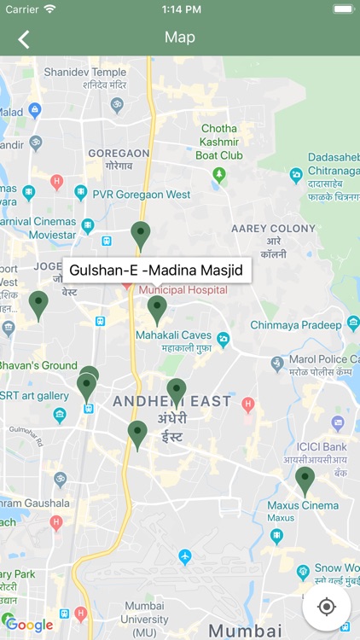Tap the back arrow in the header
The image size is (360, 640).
point(23,38)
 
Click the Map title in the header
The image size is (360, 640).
point(180,38)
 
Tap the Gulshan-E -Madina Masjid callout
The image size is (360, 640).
point(156,271)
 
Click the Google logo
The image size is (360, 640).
point(30,625)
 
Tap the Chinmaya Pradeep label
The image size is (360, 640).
point(295,325)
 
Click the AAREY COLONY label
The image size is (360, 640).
point(273,229)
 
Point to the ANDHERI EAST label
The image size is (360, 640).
point(171,401)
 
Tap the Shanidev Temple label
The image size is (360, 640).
point(84,73)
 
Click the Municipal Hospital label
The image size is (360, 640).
point(183,290)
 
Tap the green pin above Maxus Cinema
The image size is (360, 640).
point(305,480)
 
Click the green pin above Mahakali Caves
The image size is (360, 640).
point(157,308)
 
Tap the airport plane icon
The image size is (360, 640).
point(185,557)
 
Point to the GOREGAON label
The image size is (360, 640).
point(119,153)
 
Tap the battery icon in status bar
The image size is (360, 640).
point(342,9)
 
